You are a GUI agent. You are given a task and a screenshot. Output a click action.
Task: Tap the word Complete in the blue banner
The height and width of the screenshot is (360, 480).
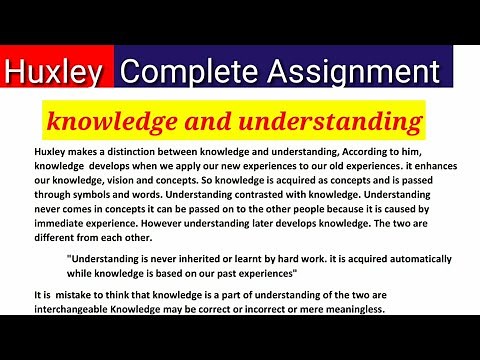(184, 72)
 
